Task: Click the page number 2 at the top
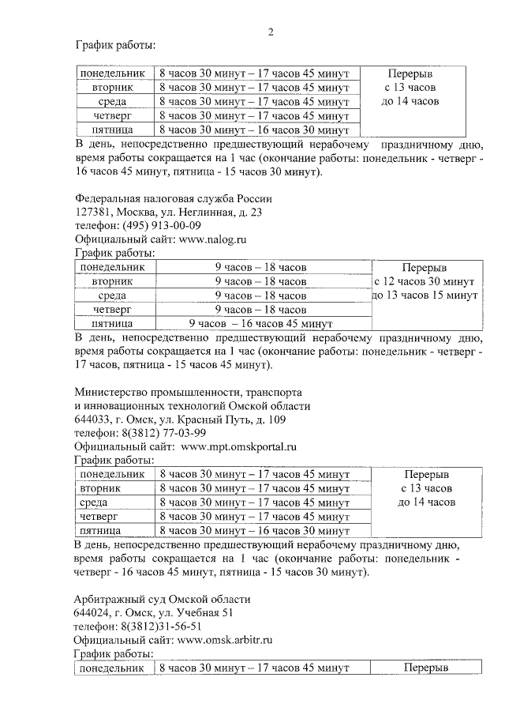click(271, 32)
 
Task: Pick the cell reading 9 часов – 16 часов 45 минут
click(260, 324)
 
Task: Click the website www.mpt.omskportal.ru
click(238, 446)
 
